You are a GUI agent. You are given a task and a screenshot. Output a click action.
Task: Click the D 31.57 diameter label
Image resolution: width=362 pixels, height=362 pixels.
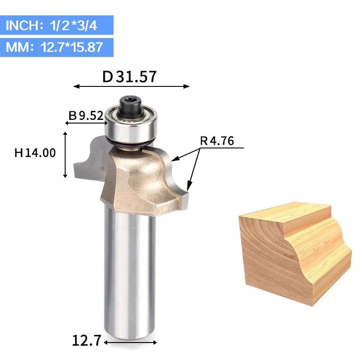pos(129,77)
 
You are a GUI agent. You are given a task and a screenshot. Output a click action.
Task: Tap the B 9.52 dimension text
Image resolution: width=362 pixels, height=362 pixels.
pos(86,115)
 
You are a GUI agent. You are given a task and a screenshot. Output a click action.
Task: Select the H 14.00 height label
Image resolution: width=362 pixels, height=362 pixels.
pos(35,153)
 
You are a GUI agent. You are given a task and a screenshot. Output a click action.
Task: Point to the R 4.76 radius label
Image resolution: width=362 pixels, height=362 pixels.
pos(217,141)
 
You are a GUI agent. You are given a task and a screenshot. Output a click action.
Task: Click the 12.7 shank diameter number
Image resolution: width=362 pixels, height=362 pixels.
pos(86,340)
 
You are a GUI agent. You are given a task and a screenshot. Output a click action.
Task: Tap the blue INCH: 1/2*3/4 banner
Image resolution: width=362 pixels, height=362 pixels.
pos(57,25)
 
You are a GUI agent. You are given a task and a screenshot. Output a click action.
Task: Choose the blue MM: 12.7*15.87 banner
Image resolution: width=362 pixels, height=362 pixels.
pos(57,48)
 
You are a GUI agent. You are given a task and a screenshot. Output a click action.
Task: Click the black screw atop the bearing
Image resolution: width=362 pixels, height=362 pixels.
pos(130,106)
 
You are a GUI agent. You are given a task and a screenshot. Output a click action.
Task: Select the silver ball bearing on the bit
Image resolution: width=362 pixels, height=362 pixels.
pos(131,126)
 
